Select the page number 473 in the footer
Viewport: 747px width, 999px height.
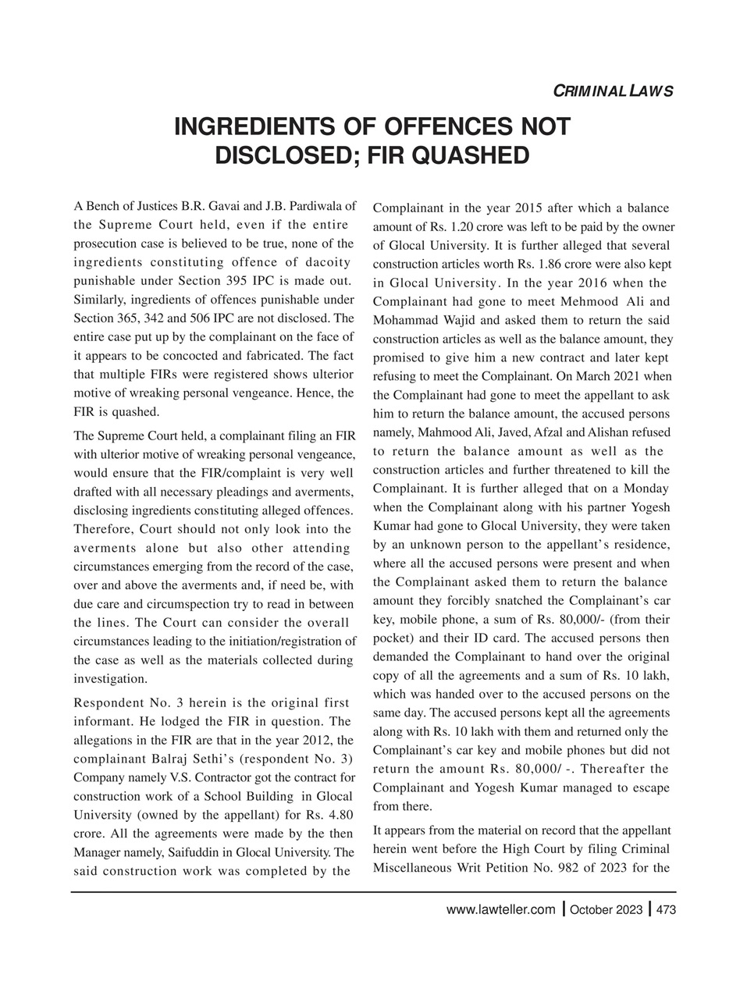666,909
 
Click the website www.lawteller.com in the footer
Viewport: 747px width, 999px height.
500,909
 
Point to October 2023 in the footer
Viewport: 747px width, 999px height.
606,909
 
